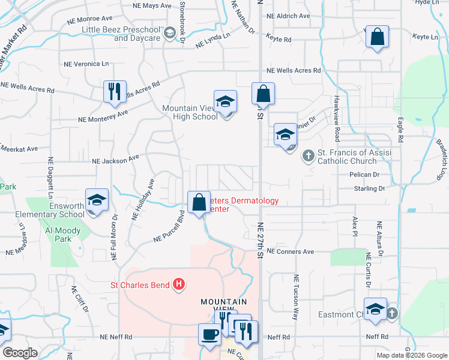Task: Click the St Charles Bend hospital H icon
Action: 178,284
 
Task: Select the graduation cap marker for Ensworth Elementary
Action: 96,200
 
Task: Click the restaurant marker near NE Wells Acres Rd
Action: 114,92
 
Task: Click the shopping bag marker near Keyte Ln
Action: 376,37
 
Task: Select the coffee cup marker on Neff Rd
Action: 209,335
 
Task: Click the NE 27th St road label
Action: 261,240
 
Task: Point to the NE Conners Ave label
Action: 291,251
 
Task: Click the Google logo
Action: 20,353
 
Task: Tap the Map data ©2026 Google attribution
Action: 411,355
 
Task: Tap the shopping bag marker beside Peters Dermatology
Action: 199,203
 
